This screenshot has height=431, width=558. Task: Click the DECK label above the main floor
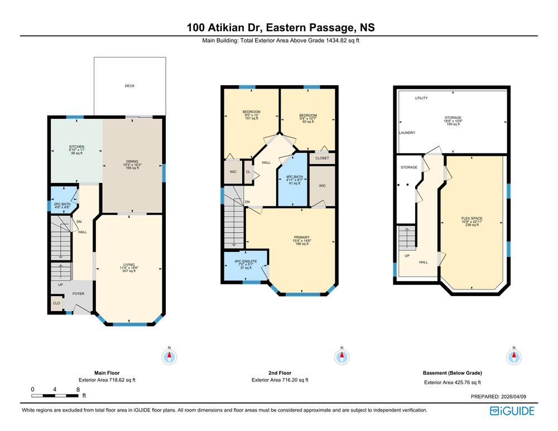(129, 86)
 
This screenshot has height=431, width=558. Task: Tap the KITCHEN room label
(76, 147)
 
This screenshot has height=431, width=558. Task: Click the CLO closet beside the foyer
(56, 303)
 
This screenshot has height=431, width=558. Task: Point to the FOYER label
(78, 293)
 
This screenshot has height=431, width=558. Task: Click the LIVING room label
(129, 265)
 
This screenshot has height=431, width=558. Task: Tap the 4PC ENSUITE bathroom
(246, 265)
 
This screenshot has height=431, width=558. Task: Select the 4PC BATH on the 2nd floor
(293, 179)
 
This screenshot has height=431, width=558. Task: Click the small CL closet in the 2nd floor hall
(248, 172)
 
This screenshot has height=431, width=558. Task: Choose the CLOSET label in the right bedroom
(322, 158)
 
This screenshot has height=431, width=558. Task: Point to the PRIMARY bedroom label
(302, 237)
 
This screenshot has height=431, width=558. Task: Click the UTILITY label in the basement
(421, 98)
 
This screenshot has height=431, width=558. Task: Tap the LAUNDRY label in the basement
(407, 133)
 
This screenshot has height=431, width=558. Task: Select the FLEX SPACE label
(472, 219)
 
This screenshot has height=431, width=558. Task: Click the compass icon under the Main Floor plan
(170, 357)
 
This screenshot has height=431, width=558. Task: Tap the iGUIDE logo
(512, 411)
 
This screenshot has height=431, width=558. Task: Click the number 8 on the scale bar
(78, 389)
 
